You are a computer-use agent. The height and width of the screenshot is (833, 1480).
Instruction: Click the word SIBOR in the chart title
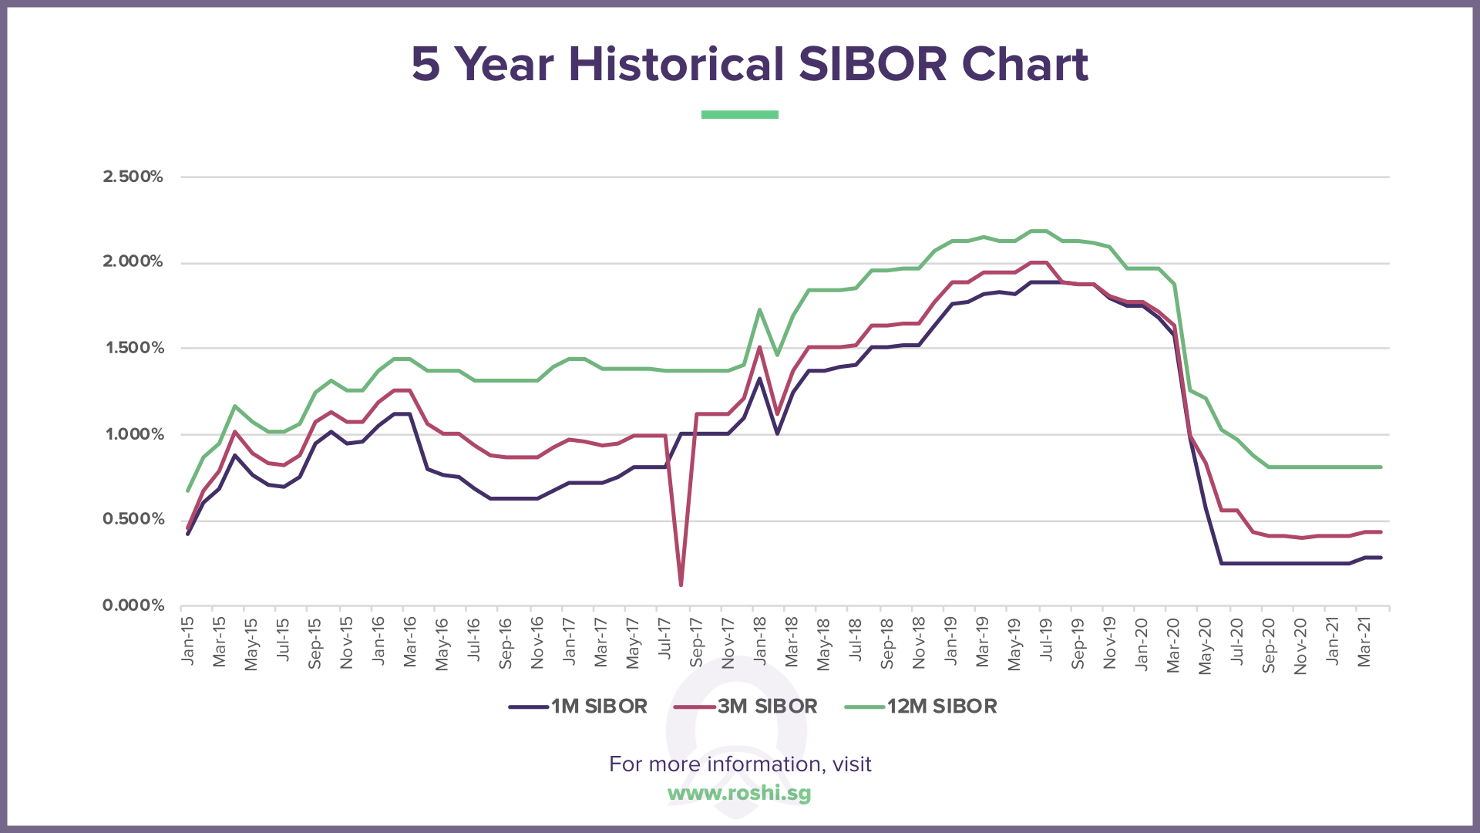click(873, 64)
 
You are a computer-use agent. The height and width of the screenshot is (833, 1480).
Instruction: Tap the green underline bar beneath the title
click(739, 115)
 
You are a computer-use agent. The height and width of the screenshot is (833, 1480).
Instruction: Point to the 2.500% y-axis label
click(133, 177)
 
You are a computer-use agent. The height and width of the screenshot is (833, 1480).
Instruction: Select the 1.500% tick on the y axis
click(135, 348)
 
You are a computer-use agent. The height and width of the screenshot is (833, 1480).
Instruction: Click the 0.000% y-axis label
click(133, 605)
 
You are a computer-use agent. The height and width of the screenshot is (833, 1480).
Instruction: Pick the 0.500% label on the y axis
click(133, 519)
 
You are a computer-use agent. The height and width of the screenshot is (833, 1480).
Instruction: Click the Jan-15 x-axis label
click(187, 640)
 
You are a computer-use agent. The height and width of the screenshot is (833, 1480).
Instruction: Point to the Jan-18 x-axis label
click(760, 640)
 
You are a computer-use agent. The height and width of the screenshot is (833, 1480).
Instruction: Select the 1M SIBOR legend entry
click(579, 707)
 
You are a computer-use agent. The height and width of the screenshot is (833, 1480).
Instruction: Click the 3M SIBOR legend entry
click(746, 707)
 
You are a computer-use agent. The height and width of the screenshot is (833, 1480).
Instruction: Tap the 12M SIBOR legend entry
click(922, 707)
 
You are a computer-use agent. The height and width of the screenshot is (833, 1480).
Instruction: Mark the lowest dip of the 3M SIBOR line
click(681, 585)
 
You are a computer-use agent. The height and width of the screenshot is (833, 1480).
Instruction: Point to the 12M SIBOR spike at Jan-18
click(759, 310)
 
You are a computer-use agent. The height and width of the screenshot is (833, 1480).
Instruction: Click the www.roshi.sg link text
click(739, 793)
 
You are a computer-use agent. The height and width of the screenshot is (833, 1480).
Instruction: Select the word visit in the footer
click(852, 764)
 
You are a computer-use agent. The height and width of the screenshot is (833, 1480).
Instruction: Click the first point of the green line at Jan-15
click(187, 491)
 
